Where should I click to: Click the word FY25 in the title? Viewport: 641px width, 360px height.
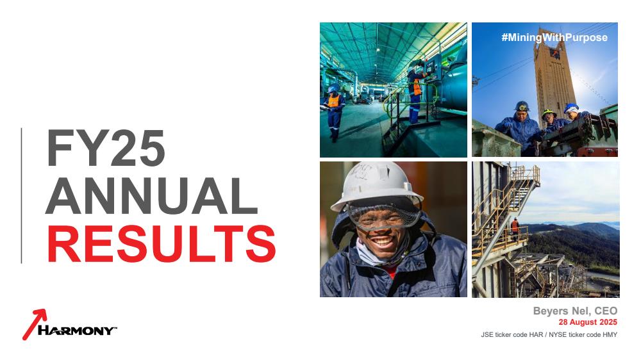click(106, 148)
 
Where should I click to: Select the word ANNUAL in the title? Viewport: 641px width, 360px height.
click(152, 196)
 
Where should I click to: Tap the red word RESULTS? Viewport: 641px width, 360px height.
click(162, 244)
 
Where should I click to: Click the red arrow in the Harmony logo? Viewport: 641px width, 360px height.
click(34, 324)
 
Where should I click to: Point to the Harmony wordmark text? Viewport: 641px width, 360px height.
click(77, 331)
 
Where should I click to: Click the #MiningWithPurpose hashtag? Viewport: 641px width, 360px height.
click(554, 38)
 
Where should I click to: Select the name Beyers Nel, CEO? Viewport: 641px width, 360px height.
click(575, 311)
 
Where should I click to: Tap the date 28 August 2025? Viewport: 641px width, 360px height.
click(588, 322)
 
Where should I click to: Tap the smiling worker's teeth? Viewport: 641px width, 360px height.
click(383, 242)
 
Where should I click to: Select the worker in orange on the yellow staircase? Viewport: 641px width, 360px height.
click(515, 227)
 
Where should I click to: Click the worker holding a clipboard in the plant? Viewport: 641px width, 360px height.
click(334, 111)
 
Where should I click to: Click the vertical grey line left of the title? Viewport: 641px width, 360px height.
click(21, 196)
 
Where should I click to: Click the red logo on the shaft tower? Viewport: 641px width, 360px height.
click(554, 53)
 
